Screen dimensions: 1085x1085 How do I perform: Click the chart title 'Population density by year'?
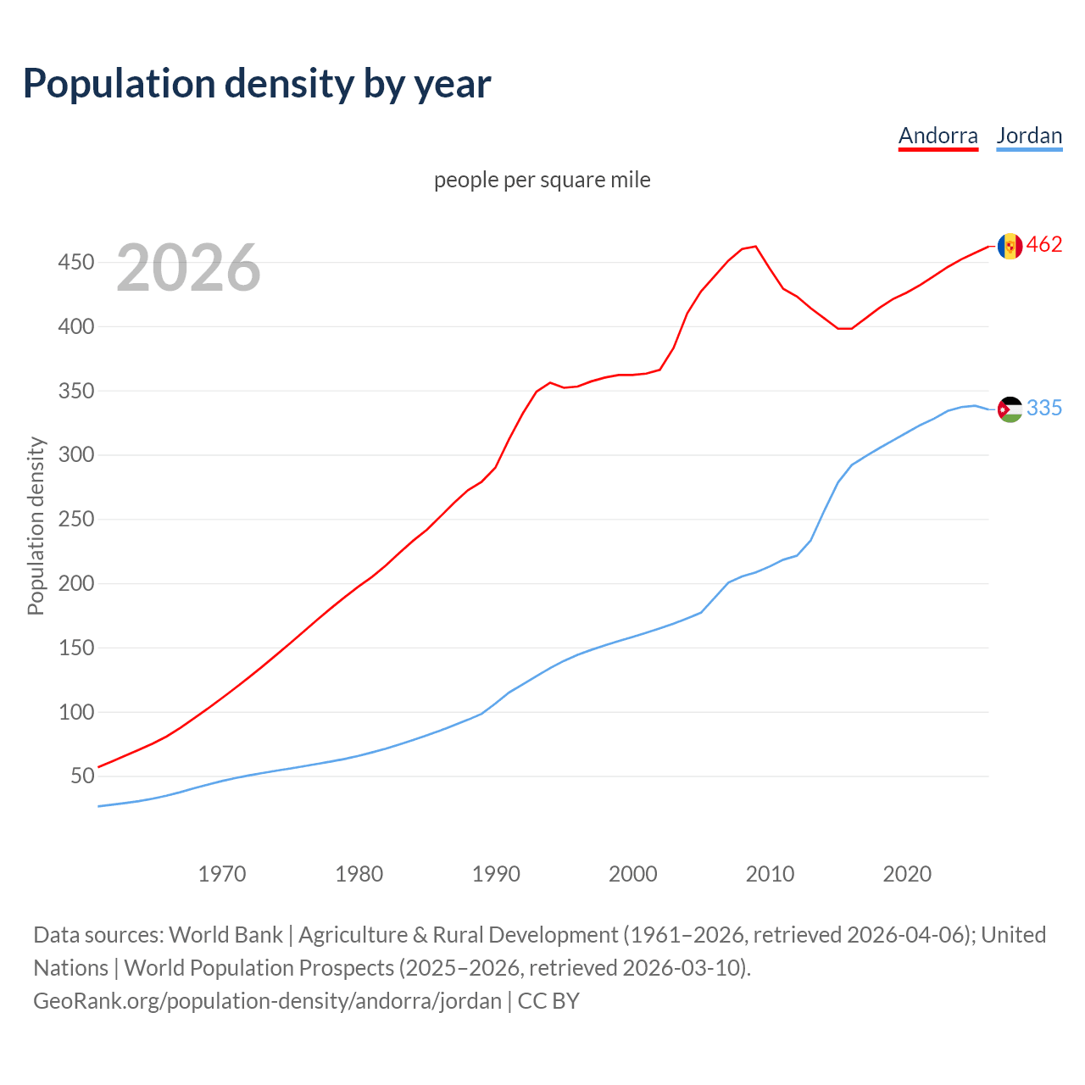click(x=257, y=83)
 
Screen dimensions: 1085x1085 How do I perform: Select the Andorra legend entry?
click(x=938, y=136)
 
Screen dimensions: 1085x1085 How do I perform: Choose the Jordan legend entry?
click(x=1029, y=136)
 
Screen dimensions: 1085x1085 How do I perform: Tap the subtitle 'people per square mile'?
click(x=542, y=180)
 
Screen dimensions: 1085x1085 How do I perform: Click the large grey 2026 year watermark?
click(x=188, y=268)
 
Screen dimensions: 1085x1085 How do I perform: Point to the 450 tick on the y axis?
click(x=75, y=263)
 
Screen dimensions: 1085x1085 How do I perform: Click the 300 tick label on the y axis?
click(x=75, y=455)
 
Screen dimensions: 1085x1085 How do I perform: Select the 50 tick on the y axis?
click(x=82, y=776)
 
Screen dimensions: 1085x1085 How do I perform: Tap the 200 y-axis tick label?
click(x=75, y=584)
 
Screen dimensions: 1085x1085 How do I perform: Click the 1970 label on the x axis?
click(x=222, y=873)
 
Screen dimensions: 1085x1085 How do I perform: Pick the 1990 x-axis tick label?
click(x=496, y=873)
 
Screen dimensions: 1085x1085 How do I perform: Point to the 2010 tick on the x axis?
click(x=770, y=873)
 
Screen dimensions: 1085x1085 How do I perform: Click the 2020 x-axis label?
click(x=907, y=873)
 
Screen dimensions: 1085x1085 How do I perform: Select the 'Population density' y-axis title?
click(x=36, y=526)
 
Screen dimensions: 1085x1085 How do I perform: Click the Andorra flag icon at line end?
click(x=1010, y=246)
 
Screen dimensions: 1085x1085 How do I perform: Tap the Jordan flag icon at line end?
click(x=1010, y=409)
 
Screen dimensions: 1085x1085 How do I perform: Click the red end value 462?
click(x=1044, y=245)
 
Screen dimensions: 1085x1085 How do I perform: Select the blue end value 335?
click(x=1044, y=409)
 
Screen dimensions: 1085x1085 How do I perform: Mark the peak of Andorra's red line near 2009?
click(x=755, y=247)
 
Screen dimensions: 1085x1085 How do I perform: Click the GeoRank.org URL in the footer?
click(x=267, y=1001)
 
